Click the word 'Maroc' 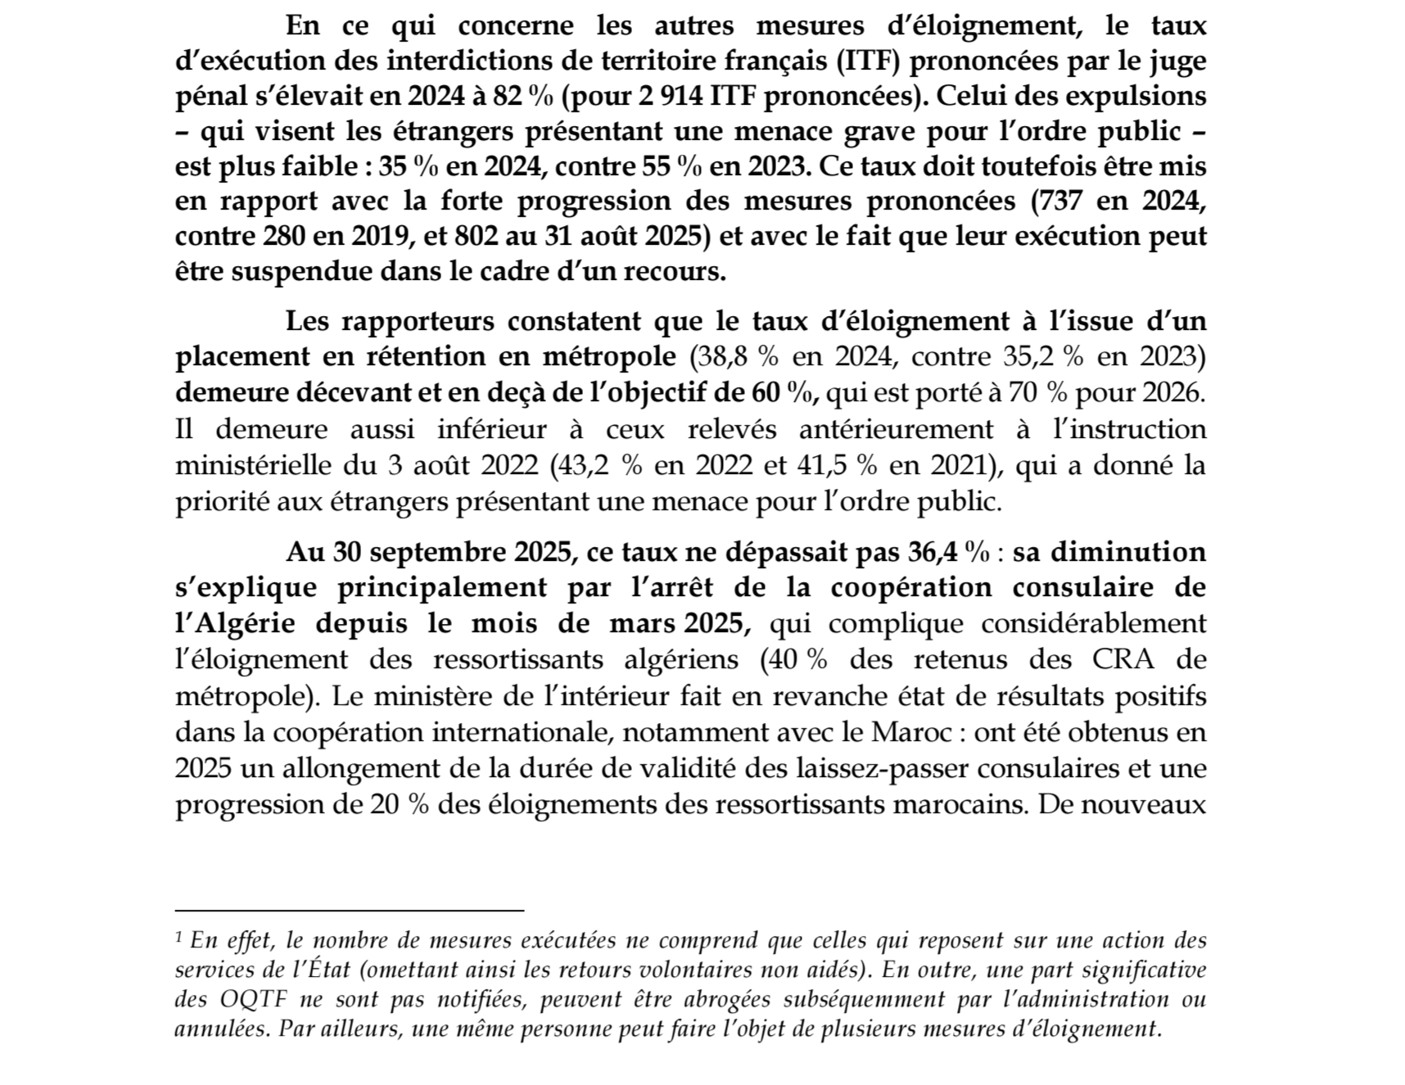pos(911,731)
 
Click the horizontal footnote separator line pos(349,910)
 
